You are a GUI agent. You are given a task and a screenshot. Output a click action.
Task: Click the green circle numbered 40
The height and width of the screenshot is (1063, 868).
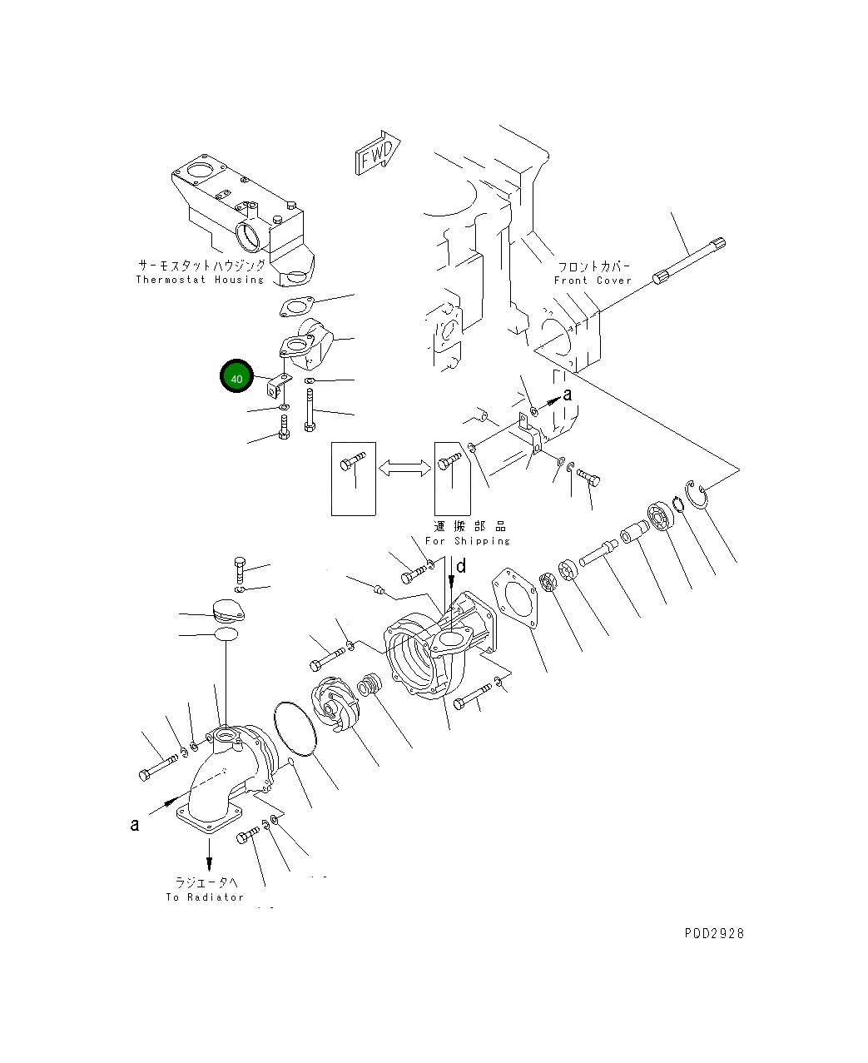pos(236,375)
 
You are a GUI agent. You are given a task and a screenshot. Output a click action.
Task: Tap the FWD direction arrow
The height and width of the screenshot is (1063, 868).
pos(377,152)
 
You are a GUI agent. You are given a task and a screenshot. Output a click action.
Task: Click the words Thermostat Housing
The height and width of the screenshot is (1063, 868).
pos(200,280)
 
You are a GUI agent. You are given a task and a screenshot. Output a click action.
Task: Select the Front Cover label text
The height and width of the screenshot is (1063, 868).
pos(593,281)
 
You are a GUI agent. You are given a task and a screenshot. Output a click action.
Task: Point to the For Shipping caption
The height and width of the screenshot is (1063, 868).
pos(467,541)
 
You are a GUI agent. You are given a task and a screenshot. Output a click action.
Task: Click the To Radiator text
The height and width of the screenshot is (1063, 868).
pos(205,897)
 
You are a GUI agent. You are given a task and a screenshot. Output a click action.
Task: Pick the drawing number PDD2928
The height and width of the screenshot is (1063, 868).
pos(714,933)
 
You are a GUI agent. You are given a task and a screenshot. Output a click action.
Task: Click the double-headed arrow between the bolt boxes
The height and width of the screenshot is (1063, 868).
pos(404,469)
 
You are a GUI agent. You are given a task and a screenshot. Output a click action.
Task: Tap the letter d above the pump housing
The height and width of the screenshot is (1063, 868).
pos(461,567)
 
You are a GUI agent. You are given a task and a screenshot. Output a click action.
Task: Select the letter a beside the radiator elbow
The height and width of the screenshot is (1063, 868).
pos(135,825)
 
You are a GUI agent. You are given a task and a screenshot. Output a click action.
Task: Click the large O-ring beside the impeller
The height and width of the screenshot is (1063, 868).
pos(295,729)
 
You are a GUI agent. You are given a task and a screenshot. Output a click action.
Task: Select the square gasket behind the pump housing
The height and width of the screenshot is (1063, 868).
pos(514,599)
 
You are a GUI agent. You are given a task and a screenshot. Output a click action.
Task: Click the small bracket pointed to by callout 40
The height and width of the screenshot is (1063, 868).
pos(279,385)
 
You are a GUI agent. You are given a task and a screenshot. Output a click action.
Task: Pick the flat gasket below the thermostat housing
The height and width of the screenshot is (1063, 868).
pos(297,306)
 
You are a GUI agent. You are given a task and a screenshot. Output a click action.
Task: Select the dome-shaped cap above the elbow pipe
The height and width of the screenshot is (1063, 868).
pos(229,610)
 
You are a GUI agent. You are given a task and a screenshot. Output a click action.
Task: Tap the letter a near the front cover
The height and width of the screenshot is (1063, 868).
pos(567,395)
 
